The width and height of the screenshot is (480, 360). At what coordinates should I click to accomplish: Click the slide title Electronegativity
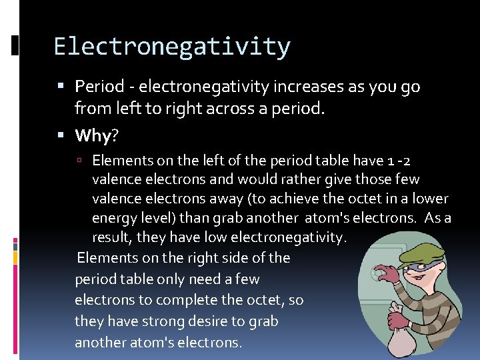[172, 47]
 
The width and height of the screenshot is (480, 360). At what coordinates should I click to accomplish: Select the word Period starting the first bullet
[99, 87]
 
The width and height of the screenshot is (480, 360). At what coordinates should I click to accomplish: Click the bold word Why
[93, 136]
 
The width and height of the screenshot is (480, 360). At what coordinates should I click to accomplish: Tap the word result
[111, 238]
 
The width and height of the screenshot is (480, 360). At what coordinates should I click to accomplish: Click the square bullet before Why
[61, 136]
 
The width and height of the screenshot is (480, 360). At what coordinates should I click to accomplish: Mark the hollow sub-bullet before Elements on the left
[79, 161]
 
